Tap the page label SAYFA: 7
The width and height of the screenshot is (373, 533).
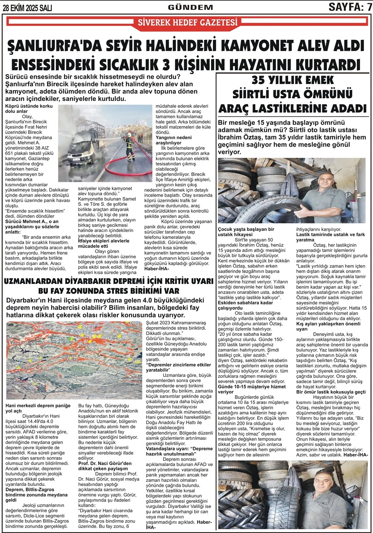350,7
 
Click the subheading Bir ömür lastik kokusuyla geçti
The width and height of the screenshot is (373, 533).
331,392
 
